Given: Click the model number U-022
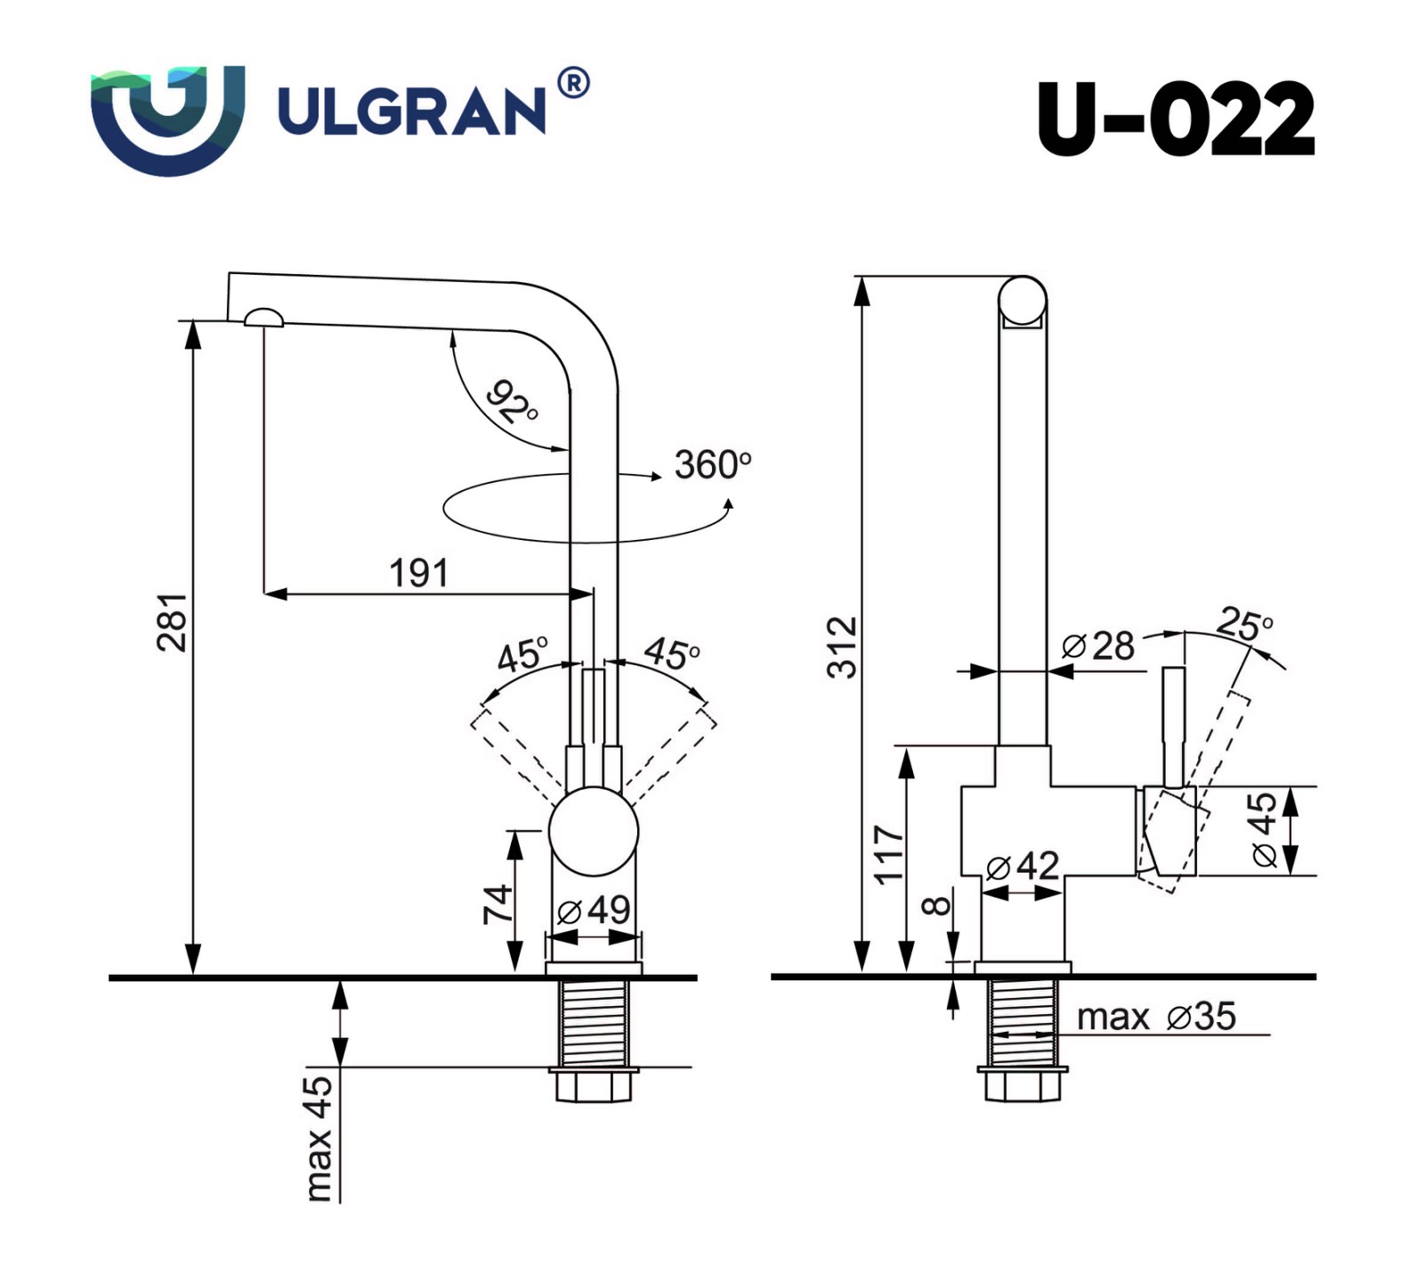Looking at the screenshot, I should pos(1175,119).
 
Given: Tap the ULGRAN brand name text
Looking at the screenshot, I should pos(412,112).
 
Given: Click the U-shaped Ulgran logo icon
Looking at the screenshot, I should pos(167,119).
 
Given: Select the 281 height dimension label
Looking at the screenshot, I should pos(173,622).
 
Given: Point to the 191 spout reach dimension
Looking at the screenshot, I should pos(418,574).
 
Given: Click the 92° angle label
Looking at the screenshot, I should pos(513,401).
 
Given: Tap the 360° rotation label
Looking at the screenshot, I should pos(712,464).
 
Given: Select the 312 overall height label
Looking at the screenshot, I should pos(842,647).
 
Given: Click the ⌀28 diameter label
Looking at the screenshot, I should pos(1098,646).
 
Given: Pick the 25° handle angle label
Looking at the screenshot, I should pos(1244,624).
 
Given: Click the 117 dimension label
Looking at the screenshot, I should pos(888,854).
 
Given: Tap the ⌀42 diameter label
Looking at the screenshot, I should pos(1023,865).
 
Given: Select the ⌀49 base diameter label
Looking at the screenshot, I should pos(594,910).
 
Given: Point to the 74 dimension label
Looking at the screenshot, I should pos(498,904).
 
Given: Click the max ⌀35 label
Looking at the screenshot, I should pos(1156,1017).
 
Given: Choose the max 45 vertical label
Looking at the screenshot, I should pos(318,1138).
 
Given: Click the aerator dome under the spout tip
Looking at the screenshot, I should pos(263,318).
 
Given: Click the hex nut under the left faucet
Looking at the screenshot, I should pos(593,1086).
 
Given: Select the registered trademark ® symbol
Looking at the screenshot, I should pos(573,83).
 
